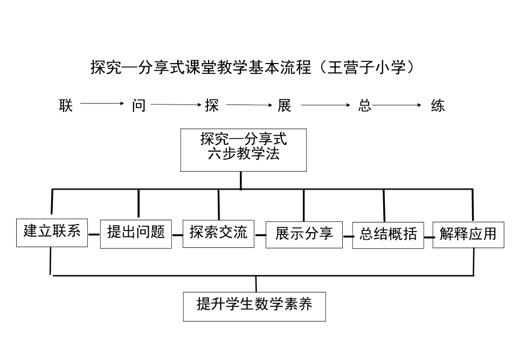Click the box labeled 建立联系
pyautogui.click(x=52, y=232)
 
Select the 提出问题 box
pyautogui.click(x=136, y=233)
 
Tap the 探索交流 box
pyautogui.click(x=218, y=233)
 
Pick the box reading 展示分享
pyautogui.click(x=304, y=233)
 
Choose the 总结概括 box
pyautogui.click(x=388, y=234)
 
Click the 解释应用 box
pyautogui.click(x=467, y=234)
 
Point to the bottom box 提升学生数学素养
pyautogui.click(x=254, y=306)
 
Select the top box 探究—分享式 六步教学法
pyautogui.click(x=244, y=149)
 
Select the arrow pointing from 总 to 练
pyautogui.click(x=397, y=106)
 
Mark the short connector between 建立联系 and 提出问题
pyautogui.click(x=94, y=234)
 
